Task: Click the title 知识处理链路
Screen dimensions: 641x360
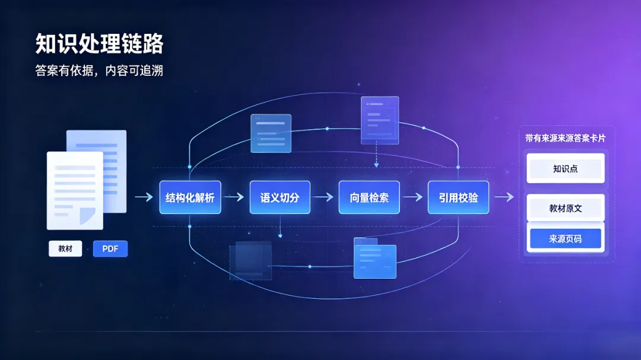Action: (99, 44)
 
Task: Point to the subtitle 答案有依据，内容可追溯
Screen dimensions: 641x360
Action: (99, 71)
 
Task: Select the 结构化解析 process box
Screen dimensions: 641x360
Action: (190, 197)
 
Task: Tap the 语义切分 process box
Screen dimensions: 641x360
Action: (280, 197)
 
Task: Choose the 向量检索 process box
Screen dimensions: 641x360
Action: (369, 197)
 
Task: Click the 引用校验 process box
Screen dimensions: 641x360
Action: (458, 197)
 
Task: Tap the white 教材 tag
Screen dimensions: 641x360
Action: (65, 249)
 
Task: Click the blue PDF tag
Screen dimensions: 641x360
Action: (110, 249)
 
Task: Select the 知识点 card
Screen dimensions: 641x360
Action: (566, 168)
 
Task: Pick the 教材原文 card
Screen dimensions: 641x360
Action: (566, 208)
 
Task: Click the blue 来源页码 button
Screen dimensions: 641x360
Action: (566, 238)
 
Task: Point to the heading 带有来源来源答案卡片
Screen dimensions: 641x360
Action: (566, 138)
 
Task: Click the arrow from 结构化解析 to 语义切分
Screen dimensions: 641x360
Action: (234, 197)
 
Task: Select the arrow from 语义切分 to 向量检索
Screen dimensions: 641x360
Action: (324, 197)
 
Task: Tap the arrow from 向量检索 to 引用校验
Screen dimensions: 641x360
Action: (413, 197)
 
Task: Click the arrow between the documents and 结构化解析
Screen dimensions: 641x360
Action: (144, 197)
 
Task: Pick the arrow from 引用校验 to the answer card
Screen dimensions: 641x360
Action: (504, 197)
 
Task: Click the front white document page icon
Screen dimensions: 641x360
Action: (75, 190)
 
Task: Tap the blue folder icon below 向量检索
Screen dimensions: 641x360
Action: (375, 258)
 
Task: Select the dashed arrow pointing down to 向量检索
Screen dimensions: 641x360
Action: (376, 154)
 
